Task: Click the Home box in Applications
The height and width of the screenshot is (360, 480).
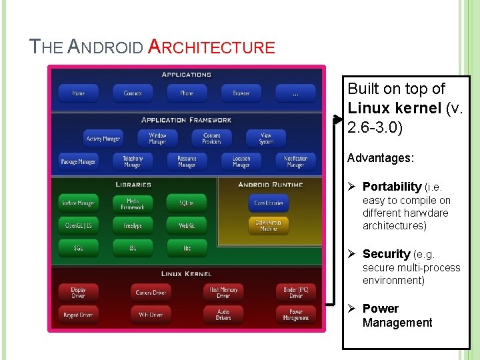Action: [78, 93]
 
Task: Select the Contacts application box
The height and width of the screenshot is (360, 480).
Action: [133, 93]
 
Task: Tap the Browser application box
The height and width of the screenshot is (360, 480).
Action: [241, 93]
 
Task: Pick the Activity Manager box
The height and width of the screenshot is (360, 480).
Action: [103, 139]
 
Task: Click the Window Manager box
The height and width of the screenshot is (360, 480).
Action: [157, 139]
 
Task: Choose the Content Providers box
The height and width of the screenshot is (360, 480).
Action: [211, 139]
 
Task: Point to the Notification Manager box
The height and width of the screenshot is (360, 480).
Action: [295, 161]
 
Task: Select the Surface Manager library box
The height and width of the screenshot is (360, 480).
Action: [78, 203]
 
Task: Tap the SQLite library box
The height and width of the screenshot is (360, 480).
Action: [187, 203]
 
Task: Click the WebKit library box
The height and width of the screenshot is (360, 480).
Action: [187, 226]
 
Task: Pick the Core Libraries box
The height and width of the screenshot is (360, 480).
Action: [269, 203]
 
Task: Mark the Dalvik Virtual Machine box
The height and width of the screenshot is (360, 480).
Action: [269, 225]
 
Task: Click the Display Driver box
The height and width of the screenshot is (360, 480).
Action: [78, 292]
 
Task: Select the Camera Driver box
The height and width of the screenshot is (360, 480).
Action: [151, 292]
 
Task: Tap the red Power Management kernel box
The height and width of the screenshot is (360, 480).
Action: [295, 315]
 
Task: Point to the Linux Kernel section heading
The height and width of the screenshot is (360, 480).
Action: [187, 273]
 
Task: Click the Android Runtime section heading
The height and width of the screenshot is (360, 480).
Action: [271, 184]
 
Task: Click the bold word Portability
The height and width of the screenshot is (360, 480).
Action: [391, 187]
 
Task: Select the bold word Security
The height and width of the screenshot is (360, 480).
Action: [386, 254]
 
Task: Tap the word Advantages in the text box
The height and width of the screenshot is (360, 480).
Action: [381, 159]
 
